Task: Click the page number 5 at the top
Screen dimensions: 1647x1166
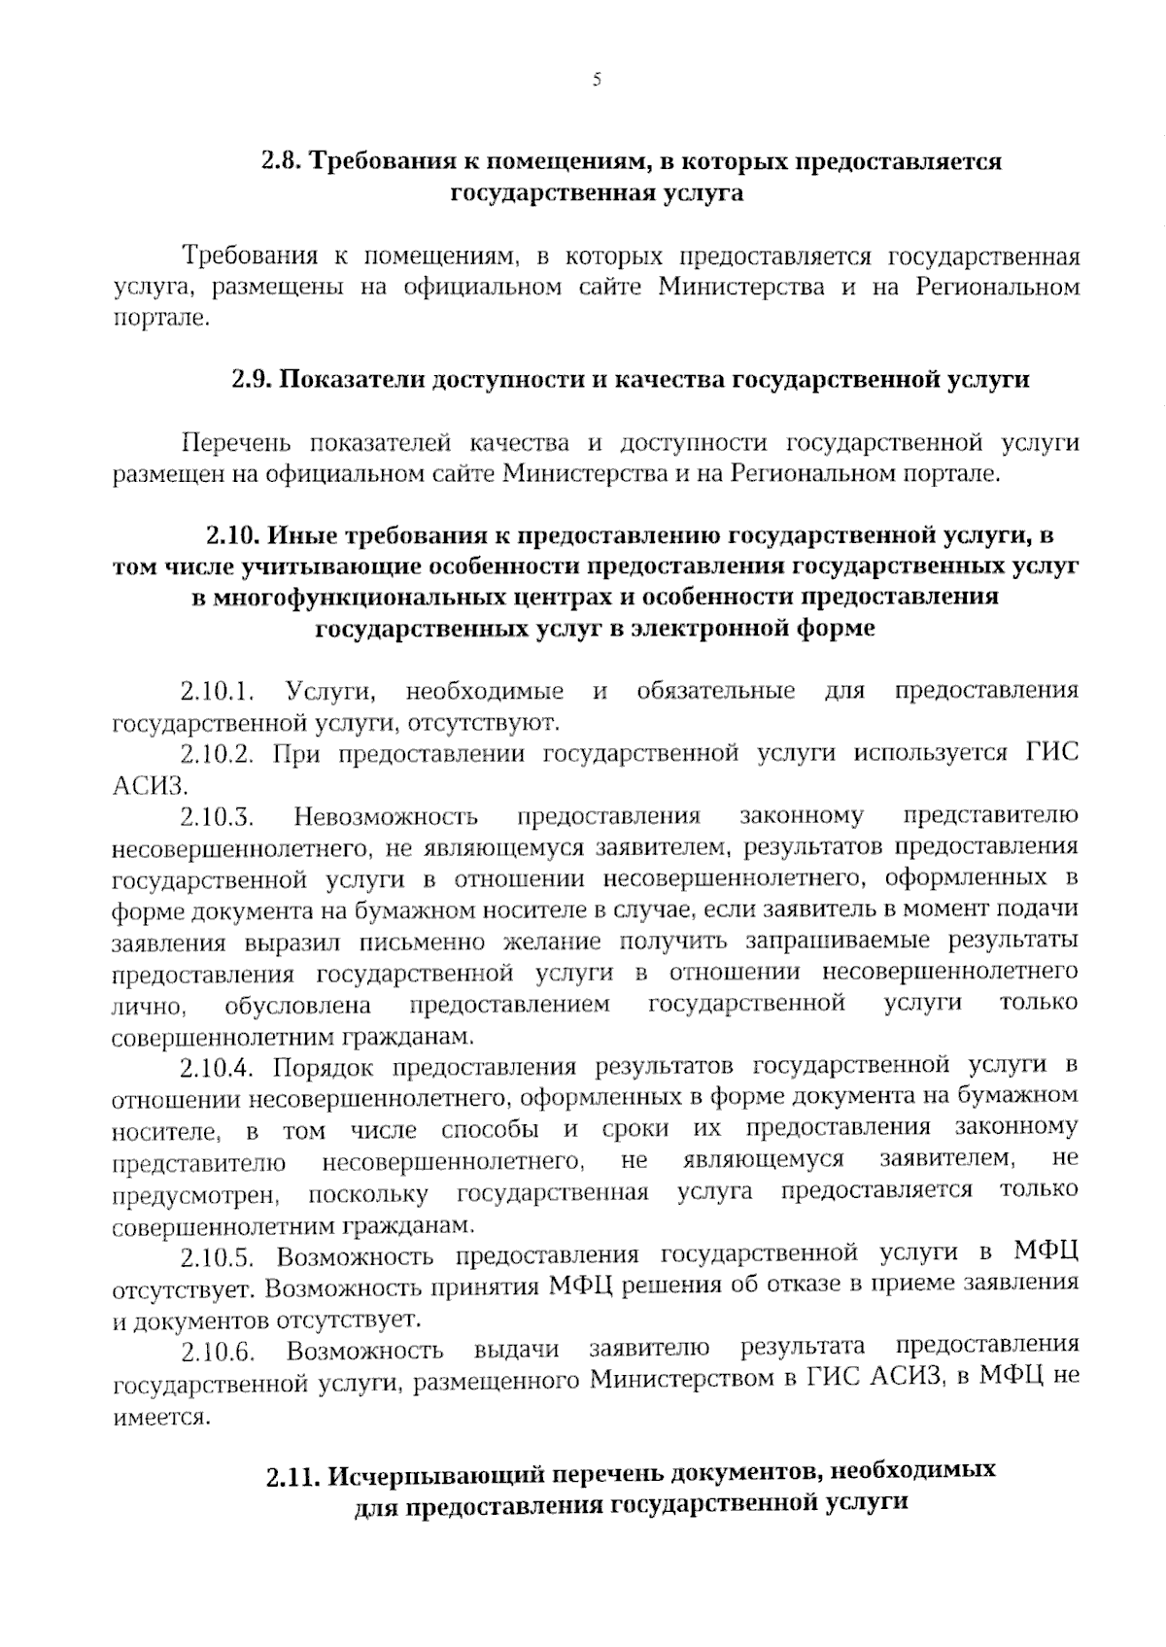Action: tap(597, 81)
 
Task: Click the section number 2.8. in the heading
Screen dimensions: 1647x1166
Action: tap(283, 161)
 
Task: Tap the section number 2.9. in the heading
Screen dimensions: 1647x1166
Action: tap(253, 379)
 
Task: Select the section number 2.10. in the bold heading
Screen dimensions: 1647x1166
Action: tap(232, 534)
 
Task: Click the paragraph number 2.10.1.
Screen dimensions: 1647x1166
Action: tap(217, 692)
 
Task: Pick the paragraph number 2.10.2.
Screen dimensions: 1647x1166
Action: tap(217, 754)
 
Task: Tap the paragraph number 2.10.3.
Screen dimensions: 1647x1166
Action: tap(217, 816)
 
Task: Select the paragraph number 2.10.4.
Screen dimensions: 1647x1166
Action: tap(217, 1068)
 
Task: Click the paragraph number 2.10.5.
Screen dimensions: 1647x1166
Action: tap(217, 1257)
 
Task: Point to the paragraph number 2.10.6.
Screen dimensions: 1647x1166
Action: tap(217, 1352)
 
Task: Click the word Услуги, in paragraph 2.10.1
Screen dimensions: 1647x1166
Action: tap(330, 692)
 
